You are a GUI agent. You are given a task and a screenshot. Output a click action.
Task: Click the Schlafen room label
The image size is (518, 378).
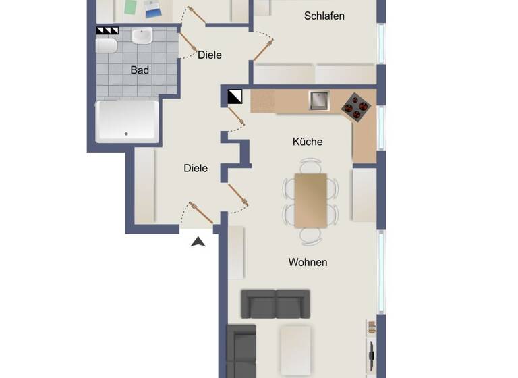click(x=324, y=16)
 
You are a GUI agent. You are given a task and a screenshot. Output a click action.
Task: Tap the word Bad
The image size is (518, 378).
click(x=140, y=70)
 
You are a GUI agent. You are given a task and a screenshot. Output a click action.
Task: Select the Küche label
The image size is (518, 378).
click(x=308, y=142)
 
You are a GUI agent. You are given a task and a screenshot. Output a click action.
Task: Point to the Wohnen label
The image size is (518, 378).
click(x=308, y=262)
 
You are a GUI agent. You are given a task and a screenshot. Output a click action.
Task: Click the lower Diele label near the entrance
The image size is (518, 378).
click(x=196, y=168)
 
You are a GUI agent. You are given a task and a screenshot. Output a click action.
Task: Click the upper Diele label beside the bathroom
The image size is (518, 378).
click(x=209, y=55)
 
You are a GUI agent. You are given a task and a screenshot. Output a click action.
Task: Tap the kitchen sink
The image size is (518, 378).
click(x=319, y=101)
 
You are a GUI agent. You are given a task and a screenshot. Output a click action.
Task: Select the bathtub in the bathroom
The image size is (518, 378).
click(x=127, y=122)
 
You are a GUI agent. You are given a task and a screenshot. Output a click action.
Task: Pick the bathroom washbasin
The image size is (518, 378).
click(x=142, y=36)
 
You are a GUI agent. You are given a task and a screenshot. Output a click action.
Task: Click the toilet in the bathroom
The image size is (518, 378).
click(x=107, y=45)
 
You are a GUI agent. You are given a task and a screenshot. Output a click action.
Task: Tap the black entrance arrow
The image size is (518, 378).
click(x=198, y=242)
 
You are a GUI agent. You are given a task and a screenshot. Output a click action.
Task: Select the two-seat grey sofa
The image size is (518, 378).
click(x=276, y=304)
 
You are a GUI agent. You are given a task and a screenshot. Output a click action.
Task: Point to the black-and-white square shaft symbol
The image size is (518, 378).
click(x=235, y=97)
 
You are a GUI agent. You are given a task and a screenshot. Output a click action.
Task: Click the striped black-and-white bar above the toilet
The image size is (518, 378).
click(x=107, y=30)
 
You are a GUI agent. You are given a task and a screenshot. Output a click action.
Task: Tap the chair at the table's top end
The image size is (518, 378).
click(x=311, y=165)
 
